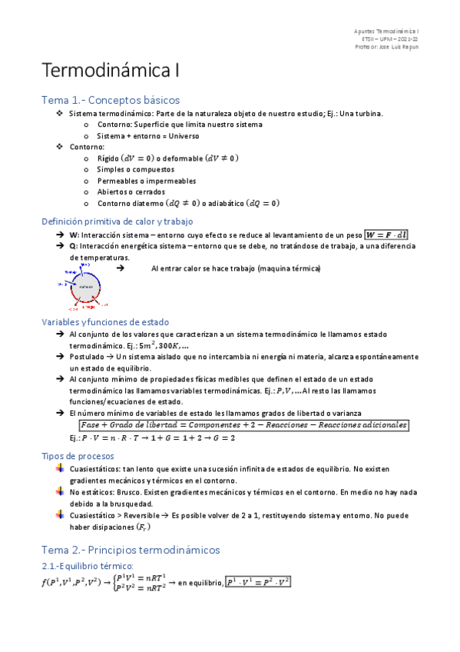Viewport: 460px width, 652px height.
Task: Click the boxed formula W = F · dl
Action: coord(388,235)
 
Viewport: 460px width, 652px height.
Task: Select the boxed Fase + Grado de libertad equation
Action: coord(243,426)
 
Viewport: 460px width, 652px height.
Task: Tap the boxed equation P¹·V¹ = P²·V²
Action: coord(258,582)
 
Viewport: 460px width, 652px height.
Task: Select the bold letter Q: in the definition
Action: coord(74,246)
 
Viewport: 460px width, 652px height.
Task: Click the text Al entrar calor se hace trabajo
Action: coord(236,268)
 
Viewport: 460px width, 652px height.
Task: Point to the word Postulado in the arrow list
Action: coord(87,357)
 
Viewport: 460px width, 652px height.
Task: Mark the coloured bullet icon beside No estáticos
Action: coord(61,491)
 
